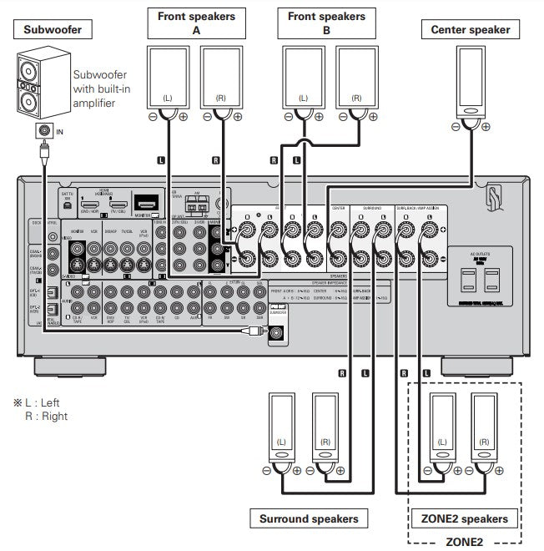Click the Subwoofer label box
52,31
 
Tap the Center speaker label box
470,31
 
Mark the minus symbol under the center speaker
454,127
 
